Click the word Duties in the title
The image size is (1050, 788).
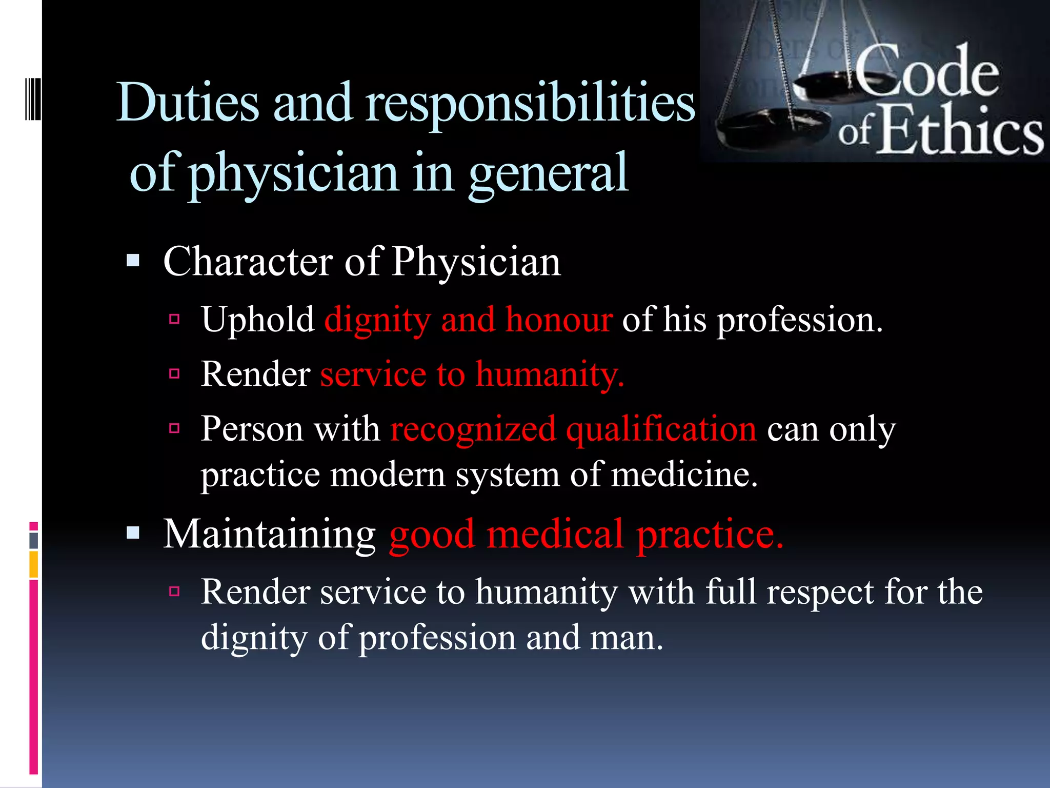pos(188,103)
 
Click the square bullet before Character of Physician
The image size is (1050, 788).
pos(133,261)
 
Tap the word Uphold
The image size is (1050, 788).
pos(257,320)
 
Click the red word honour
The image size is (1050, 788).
pos(559,320)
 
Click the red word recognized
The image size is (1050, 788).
pos(473,429)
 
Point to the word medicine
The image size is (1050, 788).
pos(684,475)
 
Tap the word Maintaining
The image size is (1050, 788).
pos(270,535)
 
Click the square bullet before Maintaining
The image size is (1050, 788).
pos(133,534)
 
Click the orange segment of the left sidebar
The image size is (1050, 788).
pos(34,564)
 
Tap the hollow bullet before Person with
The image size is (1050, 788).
pos(174,428)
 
